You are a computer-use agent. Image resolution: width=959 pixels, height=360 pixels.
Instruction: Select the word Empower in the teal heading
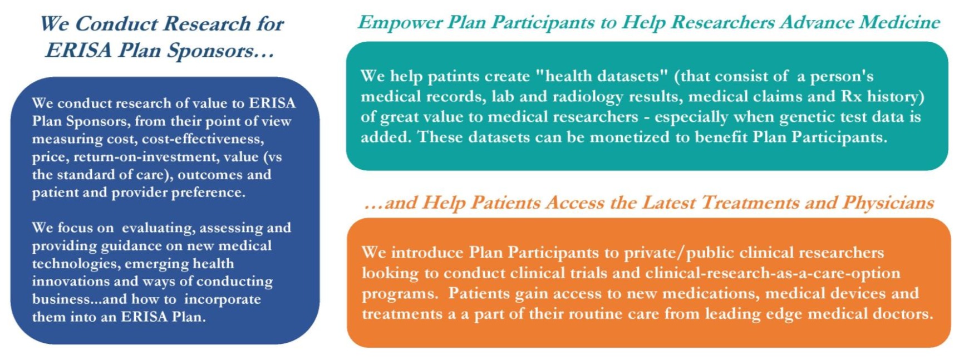tap(400, 23)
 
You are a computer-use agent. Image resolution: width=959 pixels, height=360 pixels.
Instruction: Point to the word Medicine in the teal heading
tap(899, 22)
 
